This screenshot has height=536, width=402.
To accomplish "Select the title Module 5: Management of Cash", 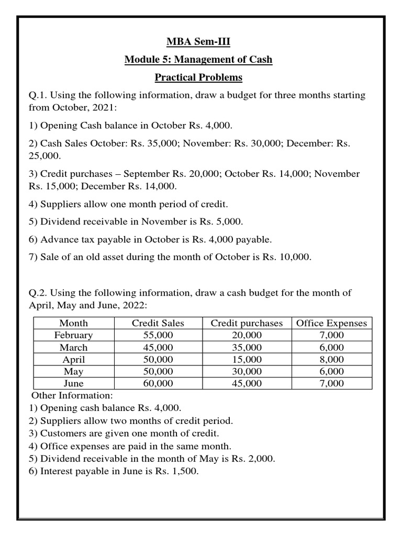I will point(198,59).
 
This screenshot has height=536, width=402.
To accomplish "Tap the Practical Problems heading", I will point(198,77).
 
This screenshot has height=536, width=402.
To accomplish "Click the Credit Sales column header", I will point(158,323).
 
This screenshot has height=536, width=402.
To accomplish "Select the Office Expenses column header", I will point(331,323).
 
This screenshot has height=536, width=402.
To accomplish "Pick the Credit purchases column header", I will point(246,323).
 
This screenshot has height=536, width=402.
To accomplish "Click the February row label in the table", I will point(73,335).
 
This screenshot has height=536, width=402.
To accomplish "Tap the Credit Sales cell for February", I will point(158,335).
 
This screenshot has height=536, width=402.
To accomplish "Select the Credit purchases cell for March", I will point(246,348).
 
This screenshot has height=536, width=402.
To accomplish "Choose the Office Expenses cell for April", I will point(331,360).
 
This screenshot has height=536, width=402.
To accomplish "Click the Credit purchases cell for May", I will point(246,372).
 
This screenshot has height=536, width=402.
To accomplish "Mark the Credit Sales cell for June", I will point(158,384).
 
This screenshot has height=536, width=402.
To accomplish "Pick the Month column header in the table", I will point(73,323).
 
